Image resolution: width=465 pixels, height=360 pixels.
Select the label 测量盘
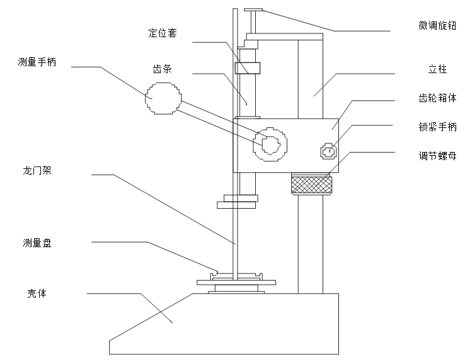[x=37, y=242]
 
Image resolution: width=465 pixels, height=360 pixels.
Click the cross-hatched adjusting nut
[x=311, y=185]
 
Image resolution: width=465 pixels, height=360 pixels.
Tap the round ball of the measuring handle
[x=163, y=98]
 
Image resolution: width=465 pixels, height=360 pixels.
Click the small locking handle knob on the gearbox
[x=328, y=151]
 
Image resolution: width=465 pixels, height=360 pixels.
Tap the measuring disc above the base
[x=236, y=281]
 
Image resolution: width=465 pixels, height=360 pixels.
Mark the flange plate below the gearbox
[x=237, y=204]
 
